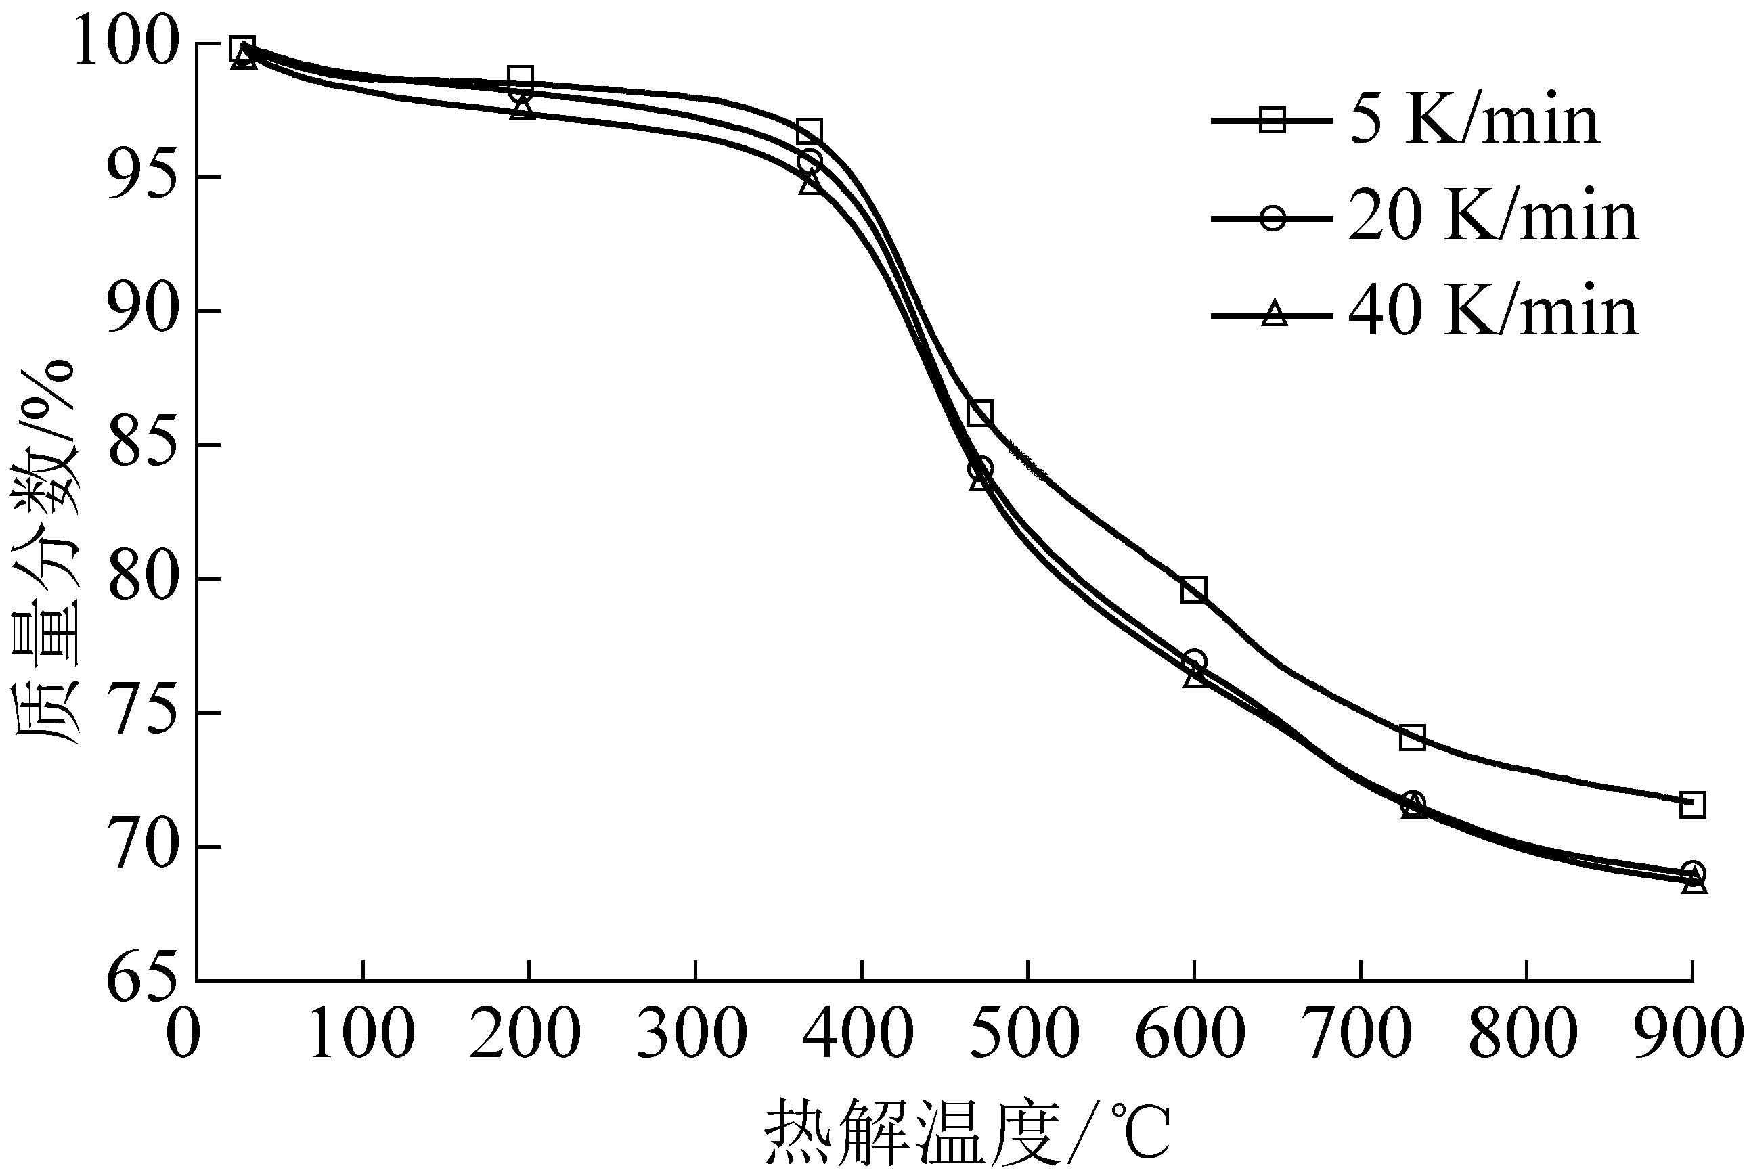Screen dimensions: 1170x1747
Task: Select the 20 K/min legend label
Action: [1493, 218]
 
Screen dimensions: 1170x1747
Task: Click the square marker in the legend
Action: [1272, 120]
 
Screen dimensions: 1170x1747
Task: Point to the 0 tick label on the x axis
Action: [183, 1034]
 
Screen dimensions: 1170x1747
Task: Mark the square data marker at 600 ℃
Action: [1193, 589]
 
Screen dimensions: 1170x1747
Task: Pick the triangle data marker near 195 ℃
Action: [523, 109]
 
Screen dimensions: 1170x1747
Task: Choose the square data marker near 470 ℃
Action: [980, 413]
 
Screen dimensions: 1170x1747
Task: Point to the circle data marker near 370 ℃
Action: [810, 161]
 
